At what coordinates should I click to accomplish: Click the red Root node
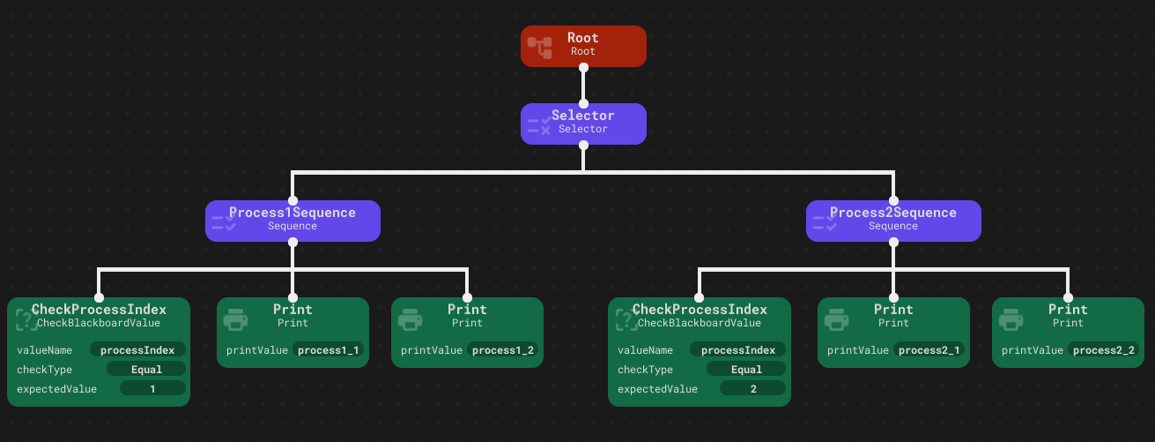pyautogui.click(x=583, y=46)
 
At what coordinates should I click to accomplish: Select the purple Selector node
pyautogui.click(x=583, y=124)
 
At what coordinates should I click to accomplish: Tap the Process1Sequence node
pyautogui.click(x=292, y=221)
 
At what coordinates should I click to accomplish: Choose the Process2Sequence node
pyautogui.click(x=893, y=221)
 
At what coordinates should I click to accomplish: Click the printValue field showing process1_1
pyautogui.click(x=329, y=350)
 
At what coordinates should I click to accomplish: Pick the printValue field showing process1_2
pyautogui.click(x=503, y=350)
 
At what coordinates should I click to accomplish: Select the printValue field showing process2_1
pyautogui.click(x=929, y=350)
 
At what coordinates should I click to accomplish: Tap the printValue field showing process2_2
pyautogui.click(x=1103, y=350)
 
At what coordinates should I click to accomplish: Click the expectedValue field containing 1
pyautogui.click(x=152, y=389)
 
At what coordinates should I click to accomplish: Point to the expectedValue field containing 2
pyautogui.click(x=752, y=389)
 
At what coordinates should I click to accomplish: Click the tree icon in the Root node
pyautogui.click(x=540, y=48)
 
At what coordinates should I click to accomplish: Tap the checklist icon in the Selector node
pyautogui.click(x=539, y=125)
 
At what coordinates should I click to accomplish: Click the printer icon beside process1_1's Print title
pyautogui.click(x=235, y=319)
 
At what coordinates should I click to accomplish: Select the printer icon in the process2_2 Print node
pyautogui.click(x=1011, y=319)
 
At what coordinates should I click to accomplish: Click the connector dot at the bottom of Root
pyautogui.click(x=583, y=67)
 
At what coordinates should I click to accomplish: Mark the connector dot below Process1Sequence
pyautogui.click(x=292, y=242)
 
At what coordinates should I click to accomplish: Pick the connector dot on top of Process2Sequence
pyautogui.click(x=893, y=200)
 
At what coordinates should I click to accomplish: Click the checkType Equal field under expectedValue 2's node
pyautogui.click(x=746, y=369)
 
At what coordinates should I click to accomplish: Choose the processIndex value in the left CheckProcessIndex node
pyautogui.click(x=137, y=350)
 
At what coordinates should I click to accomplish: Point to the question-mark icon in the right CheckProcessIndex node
pyautogui.click(x=627, y=319)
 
